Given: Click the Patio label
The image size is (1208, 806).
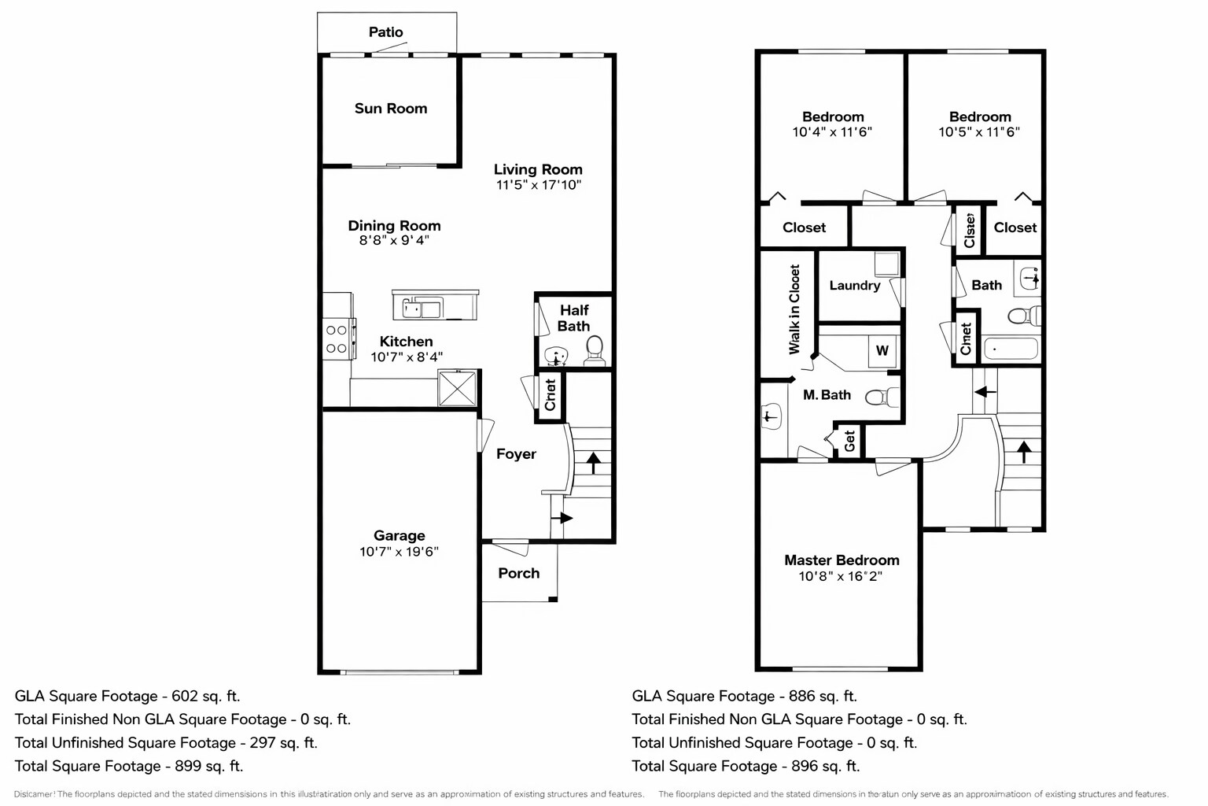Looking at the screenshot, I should coord(385,32).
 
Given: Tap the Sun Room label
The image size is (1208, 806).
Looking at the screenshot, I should coord(391,109).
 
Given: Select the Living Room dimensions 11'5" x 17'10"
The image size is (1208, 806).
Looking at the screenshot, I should coord(538,185).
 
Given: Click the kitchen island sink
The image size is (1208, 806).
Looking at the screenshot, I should coord(422,308).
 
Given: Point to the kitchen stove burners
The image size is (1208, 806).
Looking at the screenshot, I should coord(337,339).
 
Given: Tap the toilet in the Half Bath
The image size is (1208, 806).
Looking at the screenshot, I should coord(594,349).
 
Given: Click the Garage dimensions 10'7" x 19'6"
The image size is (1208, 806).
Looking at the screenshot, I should coord(399,552).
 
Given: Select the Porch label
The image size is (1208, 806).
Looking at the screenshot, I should coord(518,573).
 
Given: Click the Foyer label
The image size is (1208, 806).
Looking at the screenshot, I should coord(516,454).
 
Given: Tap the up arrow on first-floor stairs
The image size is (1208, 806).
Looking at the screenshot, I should coord(593,462).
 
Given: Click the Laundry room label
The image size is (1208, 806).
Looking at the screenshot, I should coord(854,286).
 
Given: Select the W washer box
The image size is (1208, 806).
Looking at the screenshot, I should coord(882,350).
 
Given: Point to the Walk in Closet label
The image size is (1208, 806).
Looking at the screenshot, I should coord(794,309).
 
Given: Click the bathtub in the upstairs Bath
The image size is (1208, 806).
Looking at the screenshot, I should coord(1011,348).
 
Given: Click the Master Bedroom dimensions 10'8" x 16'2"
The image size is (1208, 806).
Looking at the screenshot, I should coord(840,576).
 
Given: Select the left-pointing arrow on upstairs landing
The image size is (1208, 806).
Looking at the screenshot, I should coord(985,391).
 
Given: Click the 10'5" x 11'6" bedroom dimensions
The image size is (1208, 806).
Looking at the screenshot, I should coord(979,132).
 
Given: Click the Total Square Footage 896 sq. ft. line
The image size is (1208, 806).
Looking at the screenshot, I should coord(746,766).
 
